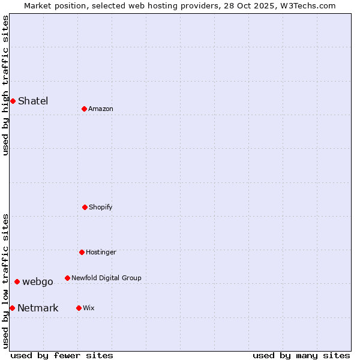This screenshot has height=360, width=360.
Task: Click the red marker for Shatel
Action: (x=13, y=101)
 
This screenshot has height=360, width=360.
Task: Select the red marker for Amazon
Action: (x=84, y=109)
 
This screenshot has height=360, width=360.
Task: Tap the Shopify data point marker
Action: (x=85, y=207)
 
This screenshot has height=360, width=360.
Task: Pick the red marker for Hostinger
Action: (x=82, y=252)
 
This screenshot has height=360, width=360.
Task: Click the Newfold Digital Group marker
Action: (x=67, y=278)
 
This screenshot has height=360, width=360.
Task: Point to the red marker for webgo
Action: (x=17, y=281)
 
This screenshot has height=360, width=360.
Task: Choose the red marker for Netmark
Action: (x=12, y=308)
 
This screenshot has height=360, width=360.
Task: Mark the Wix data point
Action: (x=79, y=308)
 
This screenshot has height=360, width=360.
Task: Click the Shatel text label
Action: (x=33, y=101)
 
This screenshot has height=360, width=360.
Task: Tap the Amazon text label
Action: (x=101, y=109)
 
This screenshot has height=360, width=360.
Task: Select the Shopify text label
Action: (x=101, y=207)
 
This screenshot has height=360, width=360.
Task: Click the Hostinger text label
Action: (x=101, y=252)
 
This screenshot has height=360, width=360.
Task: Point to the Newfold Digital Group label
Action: (x=106, y=278)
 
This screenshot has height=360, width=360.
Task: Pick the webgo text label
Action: (x=38, y=281)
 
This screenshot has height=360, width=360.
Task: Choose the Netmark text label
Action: (x=38, y=308)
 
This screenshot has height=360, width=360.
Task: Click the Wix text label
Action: (x=89, y=308)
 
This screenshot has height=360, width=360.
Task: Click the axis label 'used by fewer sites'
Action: (x=62, y=355)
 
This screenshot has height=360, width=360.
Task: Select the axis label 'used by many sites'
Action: (x=301, y=355)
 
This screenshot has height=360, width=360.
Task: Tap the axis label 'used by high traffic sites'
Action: (x=5, y=85)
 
